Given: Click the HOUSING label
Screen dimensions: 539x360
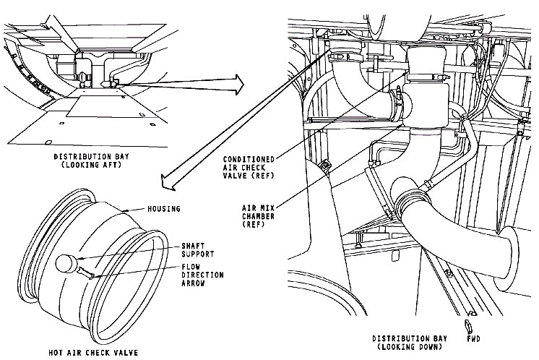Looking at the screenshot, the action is [x=164, y=209].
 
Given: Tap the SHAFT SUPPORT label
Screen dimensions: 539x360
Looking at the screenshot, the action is [x=198, y=250].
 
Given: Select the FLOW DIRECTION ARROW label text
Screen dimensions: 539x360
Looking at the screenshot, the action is [x=202, y=275].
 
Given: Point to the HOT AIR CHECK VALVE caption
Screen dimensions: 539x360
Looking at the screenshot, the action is [x=93, y=353].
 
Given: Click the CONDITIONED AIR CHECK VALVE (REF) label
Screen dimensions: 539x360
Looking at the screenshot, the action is [x=249, y=168].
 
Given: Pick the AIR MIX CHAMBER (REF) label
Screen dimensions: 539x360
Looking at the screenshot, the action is [x=258, y=216].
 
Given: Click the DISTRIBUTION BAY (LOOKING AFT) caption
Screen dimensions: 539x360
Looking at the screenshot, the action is [x=92, y=160].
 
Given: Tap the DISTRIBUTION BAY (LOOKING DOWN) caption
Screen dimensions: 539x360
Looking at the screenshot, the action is [x=410, y=343].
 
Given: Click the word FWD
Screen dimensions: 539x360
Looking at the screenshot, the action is [x=474, y=339].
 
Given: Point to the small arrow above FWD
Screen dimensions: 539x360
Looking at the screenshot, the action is [x=467, y=325].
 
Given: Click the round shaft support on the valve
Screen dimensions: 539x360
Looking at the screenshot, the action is [x=66, y=264].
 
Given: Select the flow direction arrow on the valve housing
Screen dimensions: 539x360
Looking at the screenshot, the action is [x=85, y=273].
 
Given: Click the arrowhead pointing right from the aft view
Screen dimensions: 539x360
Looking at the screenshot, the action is [x=238, y=85].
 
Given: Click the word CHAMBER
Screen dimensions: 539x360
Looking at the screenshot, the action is [x=258, y=216].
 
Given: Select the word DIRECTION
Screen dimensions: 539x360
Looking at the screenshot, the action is [x=202, y=275].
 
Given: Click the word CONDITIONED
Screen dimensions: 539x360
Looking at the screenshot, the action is [x=249, y=160].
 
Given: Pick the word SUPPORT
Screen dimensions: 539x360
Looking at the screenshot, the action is [x=198, y=254].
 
